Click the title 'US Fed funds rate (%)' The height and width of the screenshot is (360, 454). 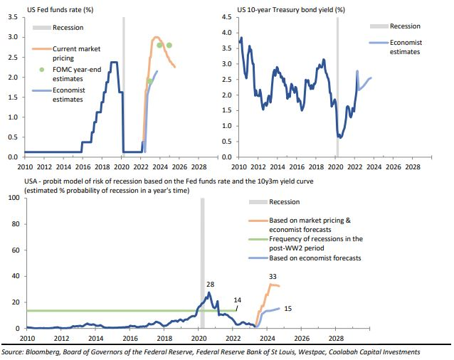(x=60, y=10)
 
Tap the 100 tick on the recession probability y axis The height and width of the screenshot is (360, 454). (x=13, y=197)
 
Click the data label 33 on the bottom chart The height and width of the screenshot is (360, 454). (x=272, y=277)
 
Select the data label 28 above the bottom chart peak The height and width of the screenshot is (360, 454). (x=210, y=285)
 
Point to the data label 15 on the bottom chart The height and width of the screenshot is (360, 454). (x=288, y=308)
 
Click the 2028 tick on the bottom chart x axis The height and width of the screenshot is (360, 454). (x=337, y=338)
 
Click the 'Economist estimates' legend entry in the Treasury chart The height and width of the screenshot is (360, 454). (x=406, y=47)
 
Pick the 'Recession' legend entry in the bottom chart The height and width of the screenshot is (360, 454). (x=285, y=202)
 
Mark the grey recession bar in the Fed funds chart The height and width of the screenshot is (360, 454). (x=123, y=85)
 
